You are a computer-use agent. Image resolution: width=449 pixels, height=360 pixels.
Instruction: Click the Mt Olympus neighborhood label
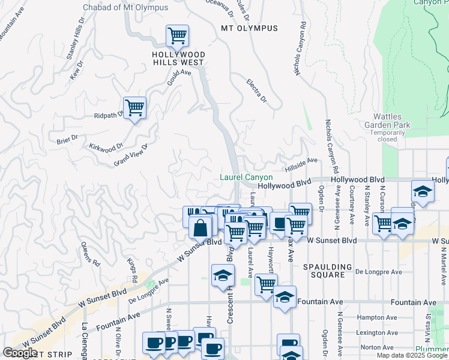click(249, 28)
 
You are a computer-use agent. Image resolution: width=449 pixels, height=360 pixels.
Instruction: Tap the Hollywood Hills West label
click(178, 58)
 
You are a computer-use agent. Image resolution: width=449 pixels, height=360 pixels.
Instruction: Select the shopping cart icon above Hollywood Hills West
click(177, 36)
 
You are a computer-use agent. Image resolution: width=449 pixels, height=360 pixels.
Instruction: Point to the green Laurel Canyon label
click(246, 178)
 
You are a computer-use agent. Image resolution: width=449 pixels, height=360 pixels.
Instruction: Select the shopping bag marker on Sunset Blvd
click(200, 229)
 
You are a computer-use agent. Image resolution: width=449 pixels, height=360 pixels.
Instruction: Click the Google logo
click(20, 353)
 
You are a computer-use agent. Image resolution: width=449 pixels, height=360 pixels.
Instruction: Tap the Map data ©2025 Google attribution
click(412, 355)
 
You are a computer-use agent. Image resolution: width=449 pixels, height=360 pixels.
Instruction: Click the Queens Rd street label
click(91, 256)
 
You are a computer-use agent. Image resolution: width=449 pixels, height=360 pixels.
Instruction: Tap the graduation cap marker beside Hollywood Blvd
click(423, 193)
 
